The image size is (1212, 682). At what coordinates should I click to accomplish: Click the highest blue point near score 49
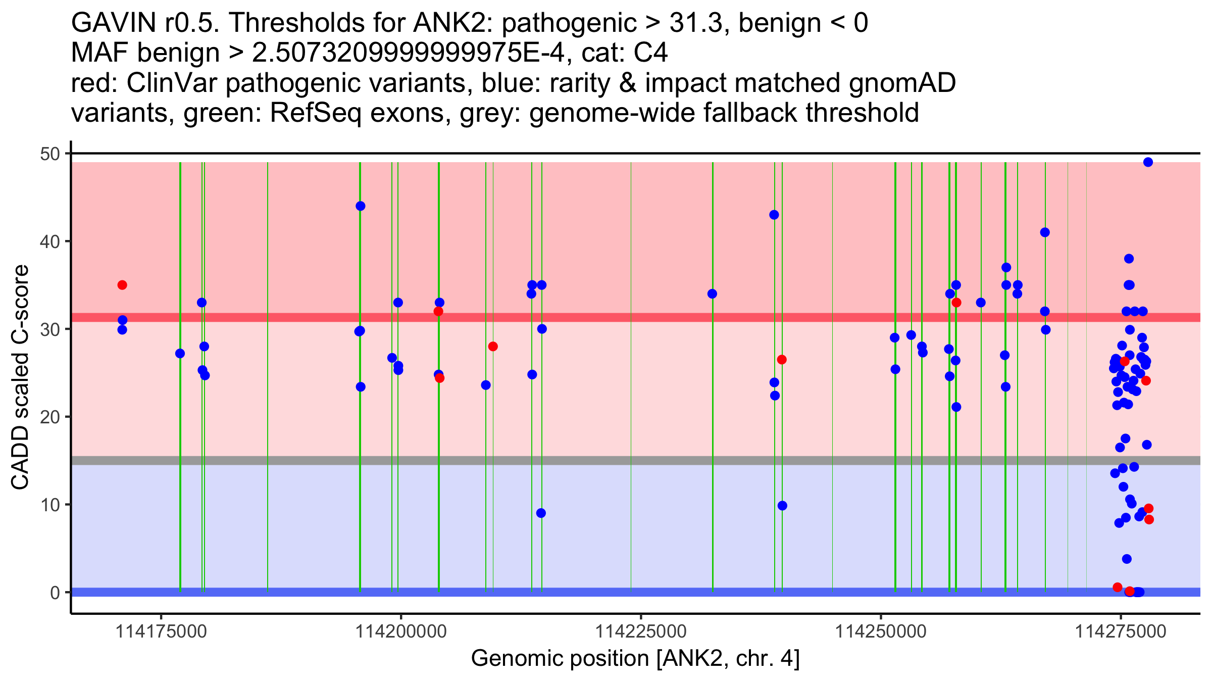(x=1148, y=162)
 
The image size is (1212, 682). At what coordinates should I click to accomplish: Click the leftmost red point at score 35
(x=122, y=285)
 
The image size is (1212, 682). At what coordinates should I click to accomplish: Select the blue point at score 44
(x=361, y=206)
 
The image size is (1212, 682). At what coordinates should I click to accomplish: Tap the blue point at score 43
(x=774, y=215)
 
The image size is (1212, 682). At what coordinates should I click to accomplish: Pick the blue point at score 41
(x=1045, y=232)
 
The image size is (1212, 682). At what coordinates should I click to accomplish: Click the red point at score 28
(x=493, y=347)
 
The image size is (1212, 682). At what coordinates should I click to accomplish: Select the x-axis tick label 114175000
(x=161, y=631)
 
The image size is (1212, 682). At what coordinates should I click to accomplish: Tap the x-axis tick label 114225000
(x=641, y=631)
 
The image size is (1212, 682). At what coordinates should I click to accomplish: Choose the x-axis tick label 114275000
(x=1121, y=631)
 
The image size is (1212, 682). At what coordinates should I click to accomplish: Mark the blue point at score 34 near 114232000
(x=712, y=294)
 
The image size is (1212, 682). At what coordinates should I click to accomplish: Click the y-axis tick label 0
(x=55, y=593)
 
